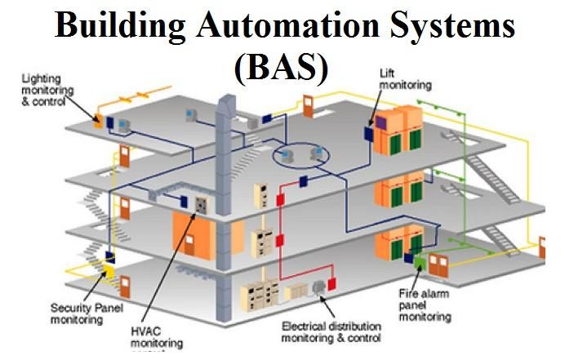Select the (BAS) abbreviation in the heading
(281, 69)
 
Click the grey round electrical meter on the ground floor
(331, 285)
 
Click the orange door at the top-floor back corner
(309, 105)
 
